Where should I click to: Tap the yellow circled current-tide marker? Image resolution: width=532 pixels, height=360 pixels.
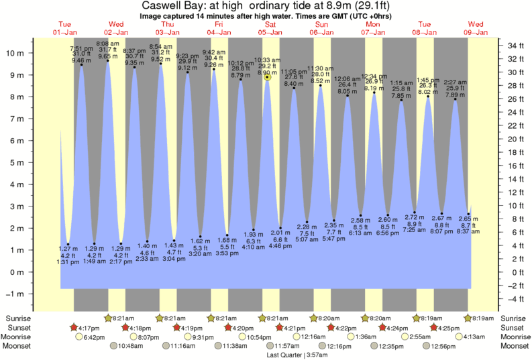(x=267, y=77)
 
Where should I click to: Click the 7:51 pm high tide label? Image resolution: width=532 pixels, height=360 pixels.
(x=81, y=49)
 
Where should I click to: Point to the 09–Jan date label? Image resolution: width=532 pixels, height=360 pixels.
(x=477, y=32)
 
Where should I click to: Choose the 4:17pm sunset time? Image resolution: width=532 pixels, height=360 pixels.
(x=89, y=328)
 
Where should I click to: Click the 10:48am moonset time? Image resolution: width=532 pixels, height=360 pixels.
(x=131, y=346)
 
